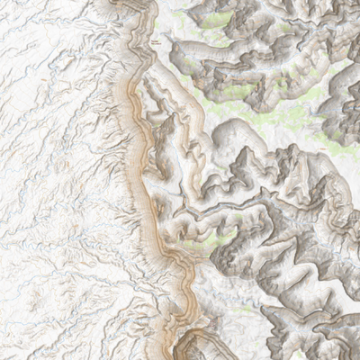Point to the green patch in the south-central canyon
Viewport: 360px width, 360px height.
[203, 240]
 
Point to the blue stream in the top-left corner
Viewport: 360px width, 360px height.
[18, 18]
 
